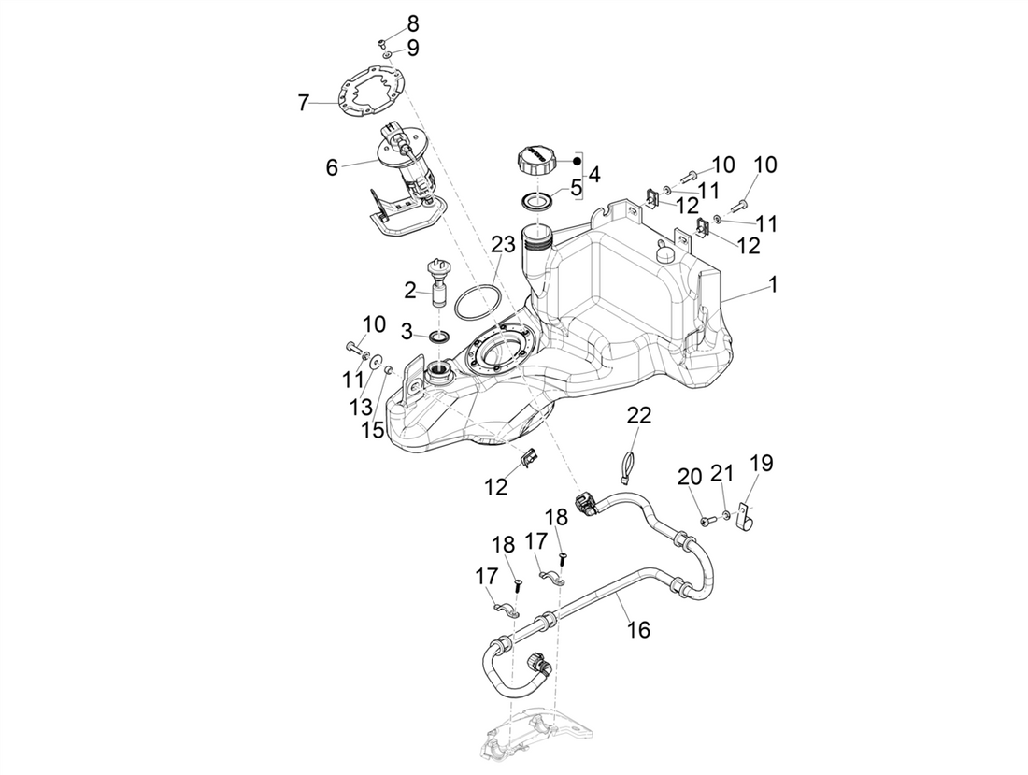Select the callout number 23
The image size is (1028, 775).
(x=504, y=245)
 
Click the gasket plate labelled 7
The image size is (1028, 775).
(x=372, y=93)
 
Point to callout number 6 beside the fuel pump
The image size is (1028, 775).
(x=331, y=167)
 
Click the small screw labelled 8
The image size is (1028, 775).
(x=382, y=43)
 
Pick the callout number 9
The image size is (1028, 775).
(x=412, y=47)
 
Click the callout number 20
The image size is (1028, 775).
(x=690, y=477)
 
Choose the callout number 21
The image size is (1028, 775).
(x=721, y=476)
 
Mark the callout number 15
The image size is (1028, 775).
(x=373, y=429)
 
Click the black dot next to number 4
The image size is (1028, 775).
(x=577, y=161)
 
